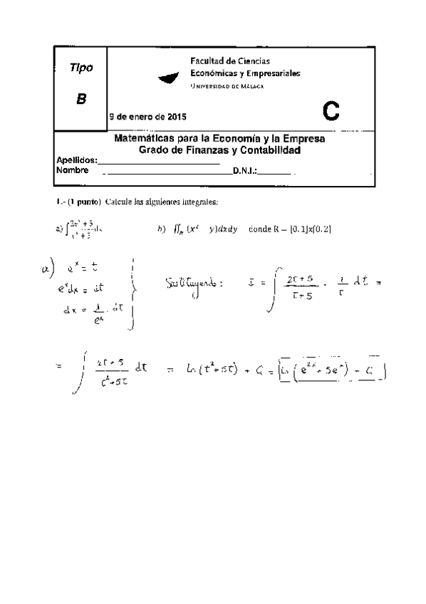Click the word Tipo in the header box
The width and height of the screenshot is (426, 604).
point(81,68)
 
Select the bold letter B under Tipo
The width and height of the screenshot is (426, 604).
point(81,99)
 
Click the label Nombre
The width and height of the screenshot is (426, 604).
point(72,170)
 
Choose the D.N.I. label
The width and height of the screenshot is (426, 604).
point(244,171)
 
